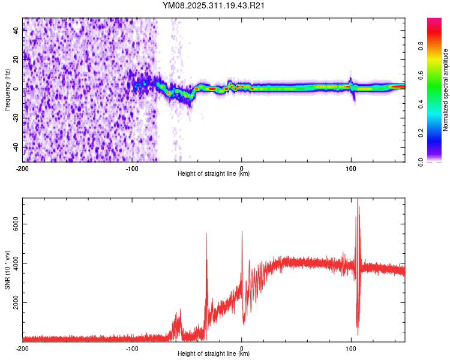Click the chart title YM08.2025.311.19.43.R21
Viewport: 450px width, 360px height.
214,5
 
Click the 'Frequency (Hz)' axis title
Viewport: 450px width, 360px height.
7,89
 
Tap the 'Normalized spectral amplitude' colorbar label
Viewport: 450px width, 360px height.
446,90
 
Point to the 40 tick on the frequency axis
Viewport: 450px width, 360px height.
16,31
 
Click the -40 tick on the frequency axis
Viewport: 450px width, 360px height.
16,147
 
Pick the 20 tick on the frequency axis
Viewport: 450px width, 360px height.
16,60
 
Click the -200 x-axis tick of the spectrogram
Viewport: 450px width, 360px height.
23,168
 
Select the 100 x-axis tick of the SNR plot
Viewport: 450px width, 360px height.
351,348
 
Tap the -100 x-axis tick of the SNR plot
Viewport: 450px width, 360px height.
132,348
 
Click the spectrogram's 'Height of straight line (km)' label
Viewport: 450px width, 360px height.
214,174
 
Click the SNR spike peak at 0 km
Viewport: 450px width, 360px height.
242,232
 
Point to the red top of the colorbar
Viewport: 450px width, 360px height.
435,21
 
